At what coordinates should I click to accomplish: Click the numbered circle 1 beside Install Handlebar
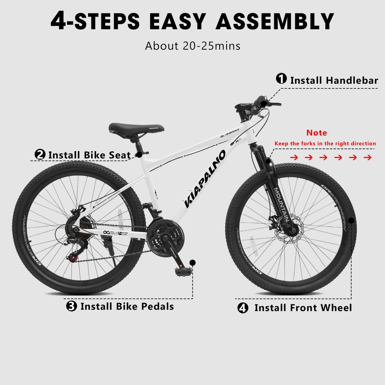tap(281, 79)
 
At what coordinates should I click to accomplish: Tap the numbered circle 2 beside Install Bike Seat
tap(40, 154)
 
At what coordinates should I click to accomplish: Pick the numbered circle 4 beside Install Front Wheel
tap(242, 308)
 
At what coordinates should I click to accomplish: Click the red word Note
tap(317, 132)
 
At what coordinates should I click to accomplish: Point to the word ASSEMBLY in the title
tap(275, 21)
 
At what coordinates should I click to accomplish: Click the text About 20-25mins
tap(193, 46)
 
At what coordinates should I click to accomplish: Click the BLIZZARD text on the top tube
tap(229, 133)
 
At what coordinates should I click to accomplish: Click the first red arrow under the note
tap(294, 158)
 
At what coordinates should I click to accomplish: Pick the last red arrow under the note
tap(367, 158)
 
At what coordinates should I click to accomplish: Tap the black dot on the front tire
tap(351, 221)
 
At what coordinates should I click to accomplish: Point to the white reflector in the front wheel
tap(252, 246)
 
